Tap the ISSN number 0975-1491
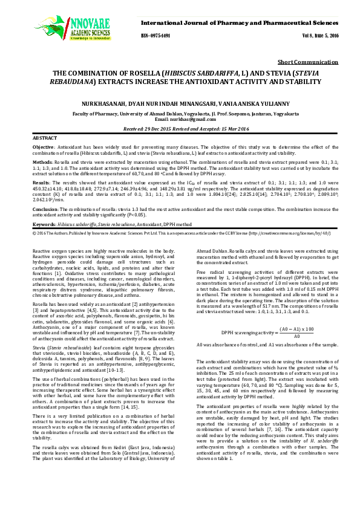click(160, 36)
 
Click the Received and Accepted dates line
click(180, 129)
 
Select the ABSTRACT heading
click(45, 138)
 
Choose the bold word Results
click(41, 182)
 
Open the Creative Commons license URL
click(291, 232)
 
